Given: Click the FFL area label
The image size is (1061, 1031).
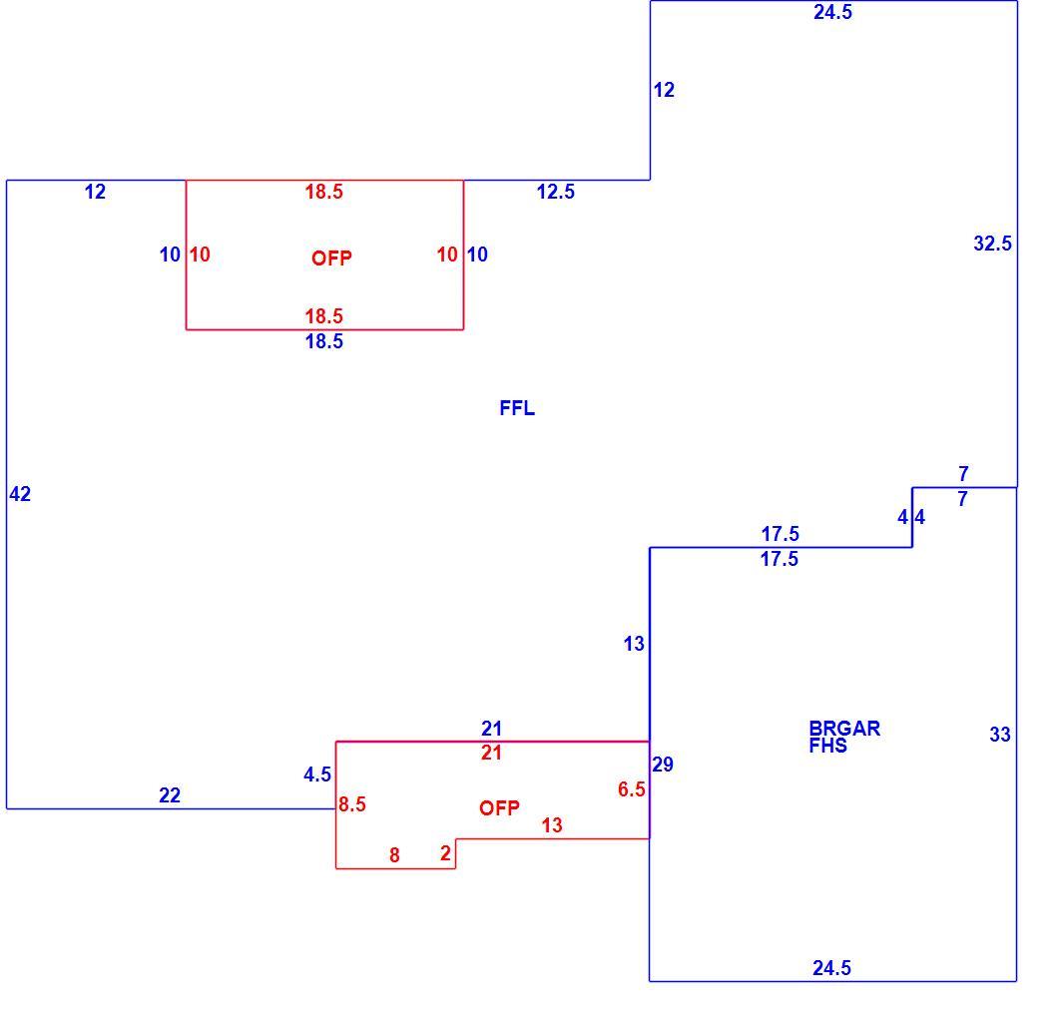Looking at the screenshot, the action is pyautogui.click(x=517, y=408).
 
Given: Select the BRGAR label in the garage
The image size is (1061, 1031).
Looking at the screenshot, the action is pyautogui.click(x=844, y=729).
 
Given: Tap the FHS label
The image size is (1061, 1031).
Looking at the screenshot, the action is pyautogui.click(x=828, y=746).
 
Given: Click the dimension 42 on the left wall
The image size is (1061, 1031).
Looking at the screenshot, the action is pyautogui.click(x=20, y=494).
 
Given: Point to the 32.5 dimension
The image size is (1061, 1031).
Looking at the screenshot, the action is pyautogui.click(x=993, y=244).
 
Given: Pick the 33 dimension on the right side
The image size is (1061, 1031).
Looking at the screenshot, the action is pyautogui.click(x=1000, y=735).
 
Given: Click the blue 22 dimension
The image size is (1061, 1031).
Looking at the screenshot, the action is pyautogui.click(x=170, y=795).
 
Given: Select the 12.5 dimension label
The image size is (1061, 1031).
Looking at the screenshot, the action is pyautogui.click(x=556, y=193).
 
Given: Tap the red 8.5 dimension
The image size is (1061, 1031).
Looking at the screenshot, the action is pyautogui.click(x=352, y=804).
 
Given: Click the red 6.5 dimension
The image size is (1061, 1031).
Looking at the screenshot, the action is pyautogui.click(x=632, y=789).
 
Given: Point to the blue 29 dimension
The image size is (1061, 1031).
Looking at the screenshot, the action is pyautogui.click(x=663, y=765).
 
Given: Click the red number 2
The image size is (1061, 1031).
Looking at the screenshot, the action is pyautogui.click(x=445, y=853).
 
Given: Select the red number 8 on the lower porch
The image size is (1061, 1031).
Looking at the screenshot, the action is pyautogui.click(x=394, y=855).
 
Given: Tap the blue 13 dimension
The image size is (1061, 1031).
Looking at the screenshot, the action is pyautogui.click(x=634, y=644).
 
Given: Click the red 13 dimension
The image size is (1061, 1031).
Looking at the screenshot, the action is pyautogui.click(x=552, y=825).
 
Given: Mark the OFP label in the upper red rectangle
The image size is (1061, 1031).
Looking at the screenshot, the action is pyautogui.click(x=331, y=258).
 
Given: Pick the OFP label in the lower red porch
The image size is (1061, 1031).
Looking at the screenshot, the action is pyautogui.click(x=499, y=808).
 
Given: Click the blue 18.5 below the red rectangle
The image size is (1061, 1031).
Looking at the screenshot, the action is pyautogui.click(x=324, y=341).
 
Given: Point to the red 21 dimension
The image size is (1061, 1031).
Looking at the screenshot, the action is pyautogui.click(x=491, y=753).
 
